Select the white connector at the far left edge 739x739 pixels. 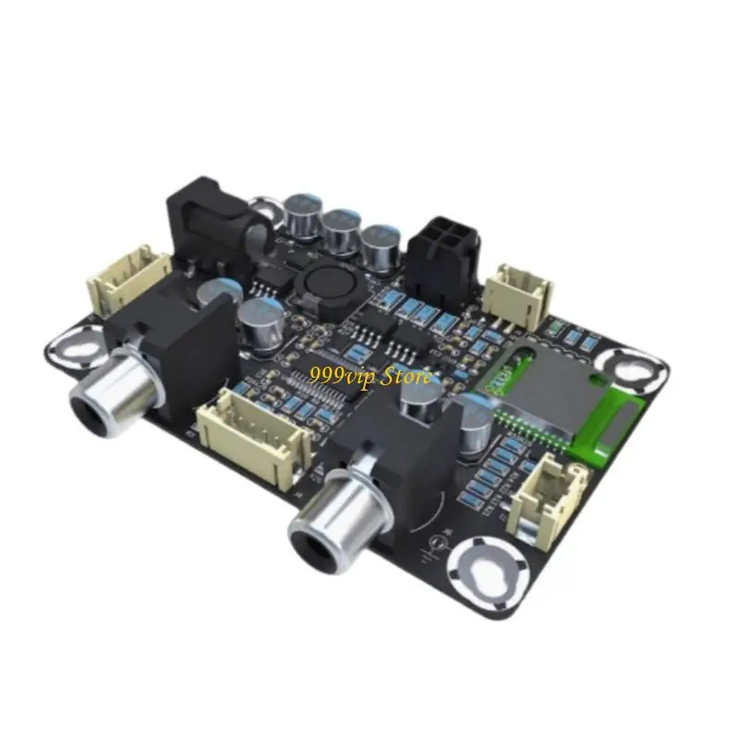coord(127,280)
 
